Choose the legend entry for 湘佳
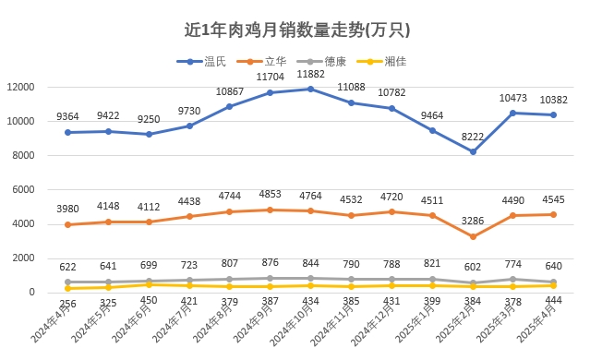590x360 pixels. pyautogui.click(x=386, y=62)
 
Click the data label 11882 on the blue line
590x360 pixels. pyautogui.click(x=310, y=74)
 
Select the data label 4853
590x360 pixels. pyautogui.click(x=270, y=194)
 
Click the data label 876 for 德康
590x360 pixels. pyautogui.click(x=270, y=263)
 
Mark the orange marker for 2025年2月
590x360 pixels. pyautogui.click(x=473, y=236)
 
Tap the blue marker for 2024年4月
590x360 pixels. pyautogui.click(x=67, y=132)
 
